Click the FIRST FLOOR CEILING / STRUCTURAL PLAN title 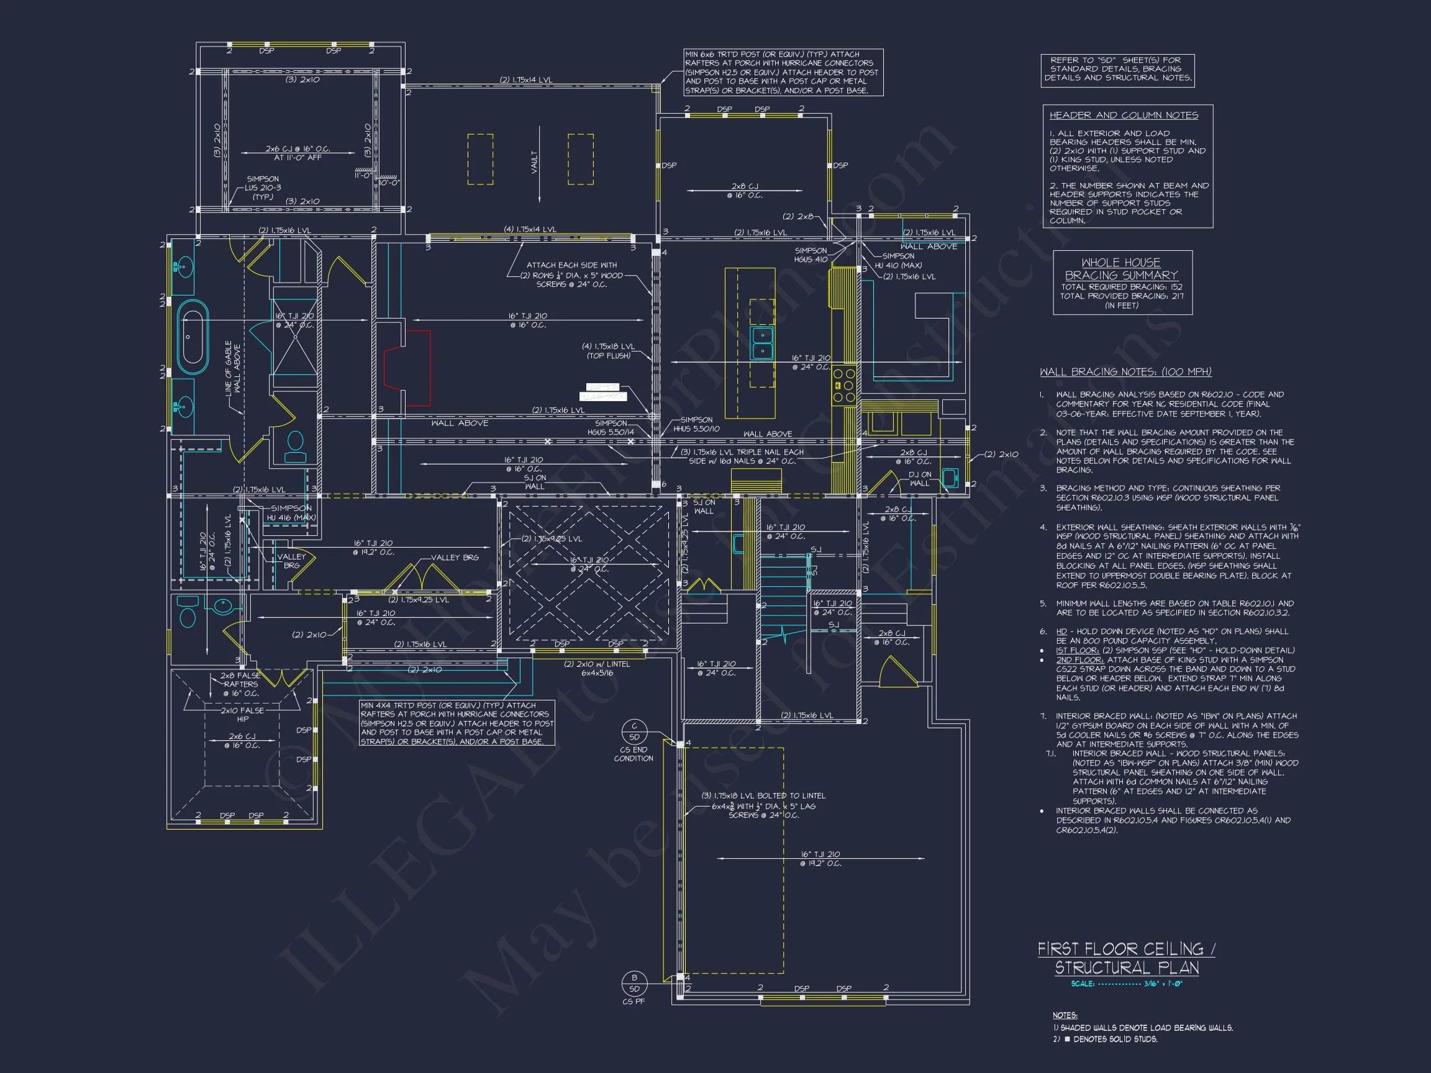[1126, 958]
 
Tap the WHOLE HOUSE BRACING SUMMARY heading [1121, 268]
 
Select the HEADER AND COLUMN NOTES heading [1123, 115]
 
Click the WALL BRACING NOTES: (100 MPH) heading [1125, 371]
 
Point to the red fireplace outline [407, 368]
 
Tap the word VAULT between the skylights [534, 161]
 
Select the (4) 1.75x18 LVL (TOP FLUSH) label [608, 351]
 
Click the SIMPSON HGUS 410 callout [811, 255]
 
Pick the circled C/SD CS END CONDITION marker [634, 731]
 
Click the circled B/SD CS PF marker [634, 983]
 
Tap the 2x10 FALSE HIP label [242, 714]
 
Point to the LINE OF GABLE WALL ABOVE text [232, 376]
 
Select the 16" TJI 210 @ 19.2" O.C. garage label [820, 858]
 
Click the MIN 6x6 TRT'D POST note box [783, 73]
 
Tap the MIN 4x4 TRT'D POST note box [457, 723]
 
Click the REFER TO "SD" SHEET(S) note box [1117, 69]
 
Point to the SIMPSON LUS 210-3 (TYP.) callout [263, 188]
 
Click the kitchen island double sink [761, 343]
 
